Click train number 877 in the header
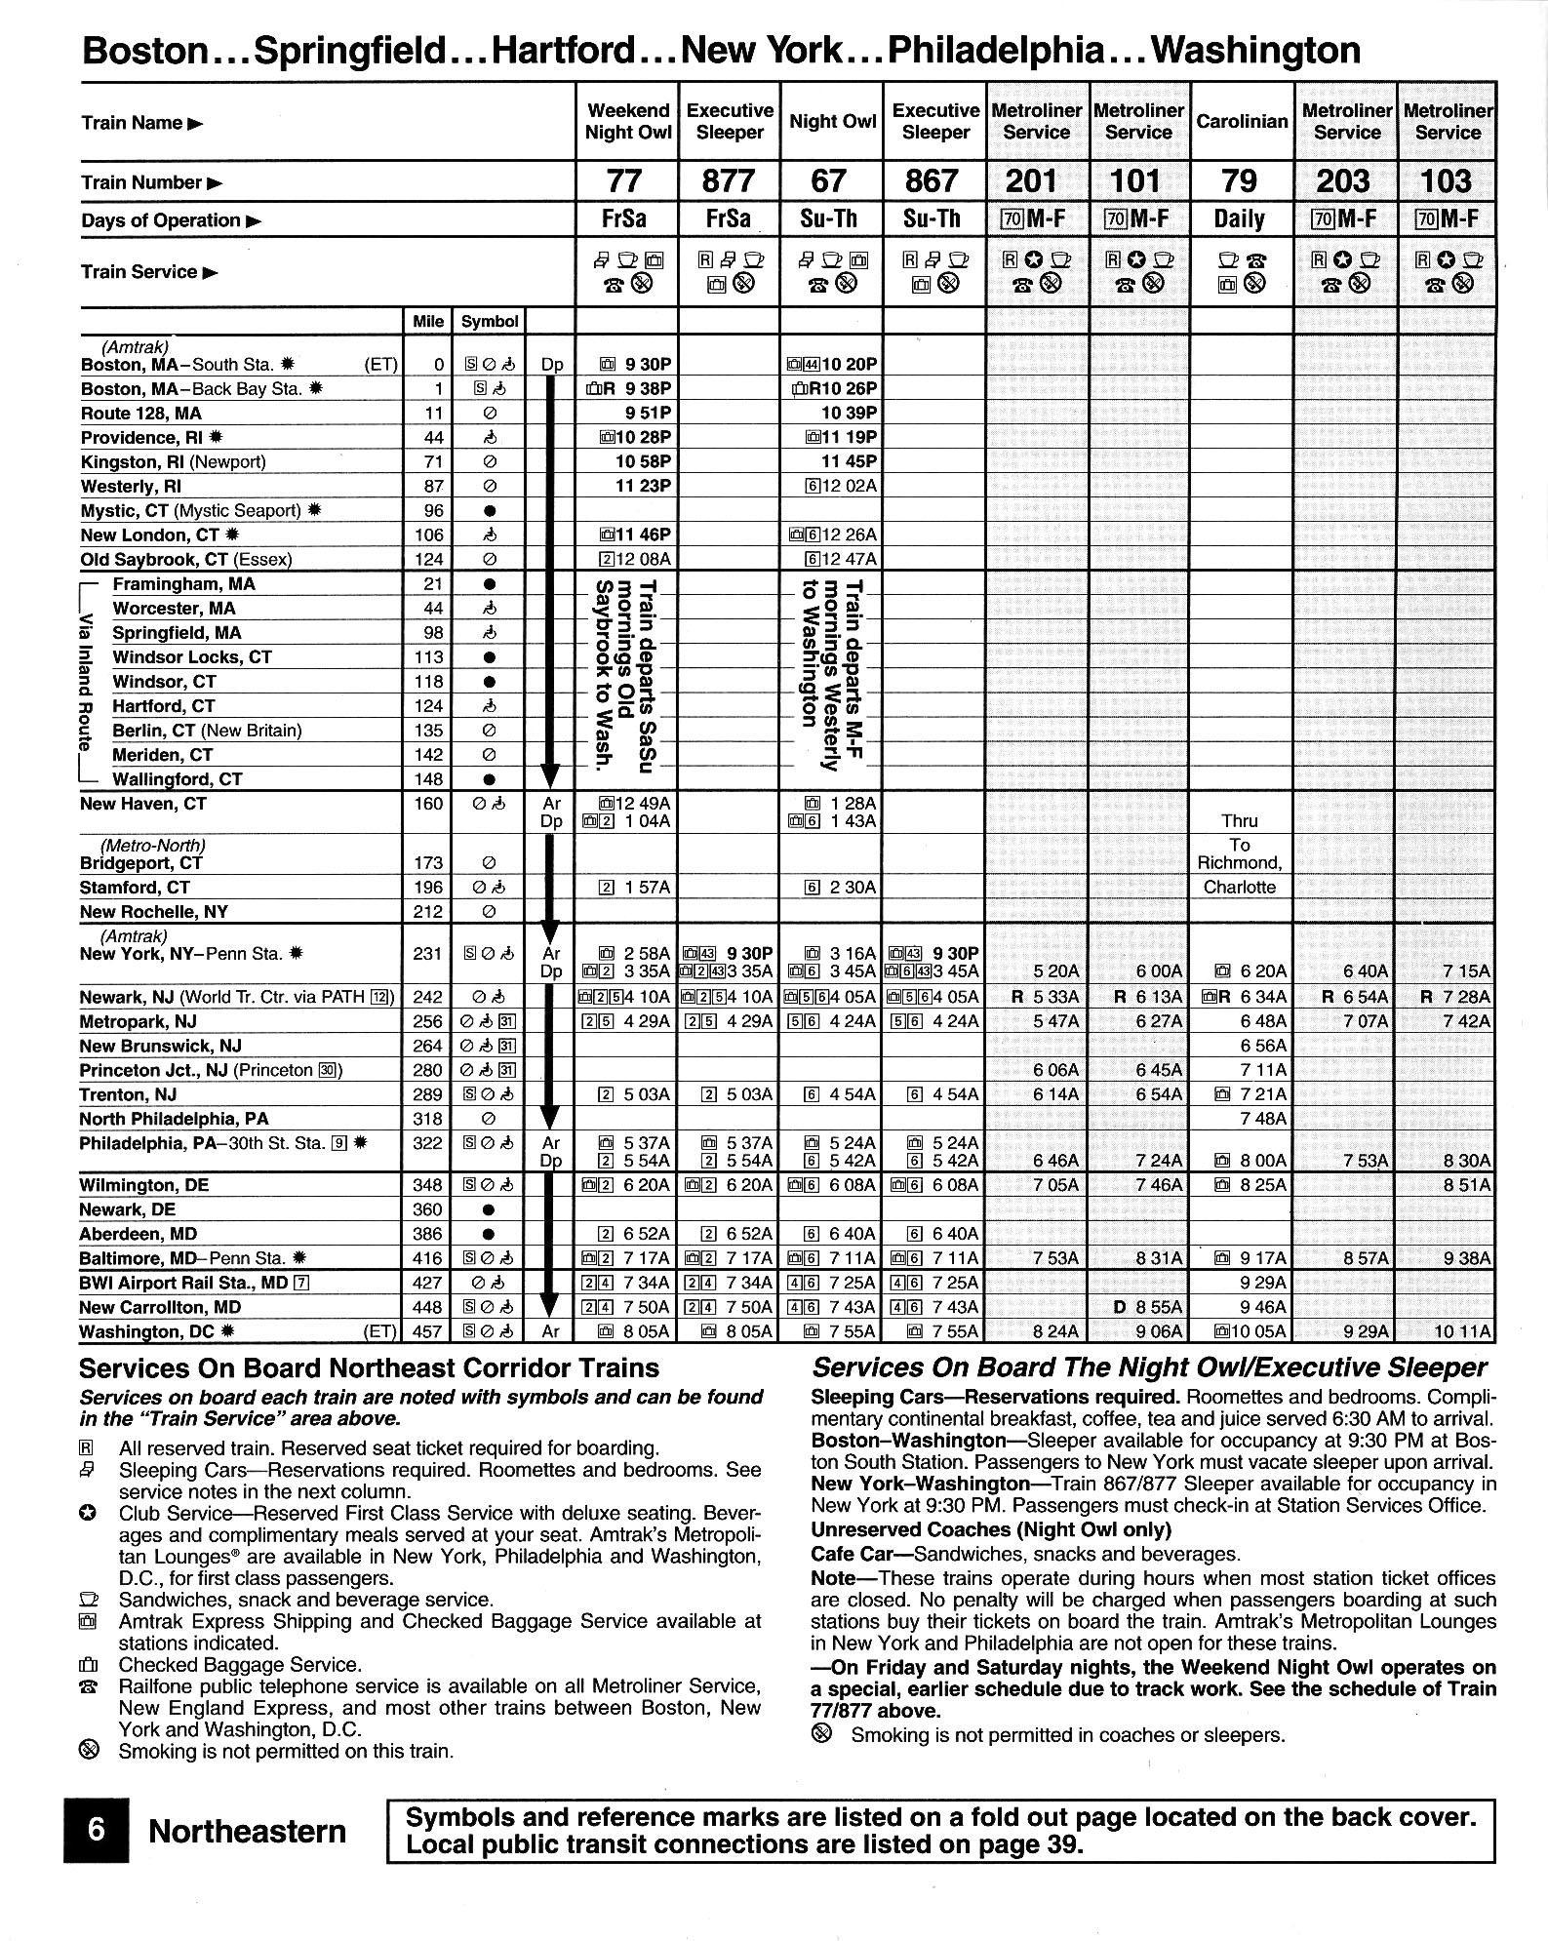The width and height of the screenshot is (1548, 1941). click(x=729, y=181)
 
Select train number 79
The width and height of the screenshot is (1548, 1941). click(x=1239, y=181)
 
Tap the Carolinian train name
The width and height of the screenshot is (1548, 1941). click(x=1242, y=122)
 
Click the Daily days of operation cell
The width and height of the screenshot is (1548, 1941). click(x=1239, y=219)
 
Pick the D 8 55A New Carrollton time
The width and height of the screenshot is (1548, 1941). click(x=1147, y=1308)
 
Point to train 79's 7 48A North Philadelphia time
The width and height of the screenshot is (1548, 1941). click(x=1263, y=1119)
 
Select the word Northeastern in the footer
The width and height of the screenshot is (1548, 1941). click(x=247, y=1832)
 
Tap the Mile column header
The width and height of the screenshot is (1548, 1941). click(x=428, y=321)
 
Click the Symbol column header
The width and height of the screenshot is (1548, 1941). click(x=490, y=321)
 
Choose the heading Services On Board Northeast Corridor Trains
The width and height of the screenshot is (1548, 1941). click(x=369, y=1368)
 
